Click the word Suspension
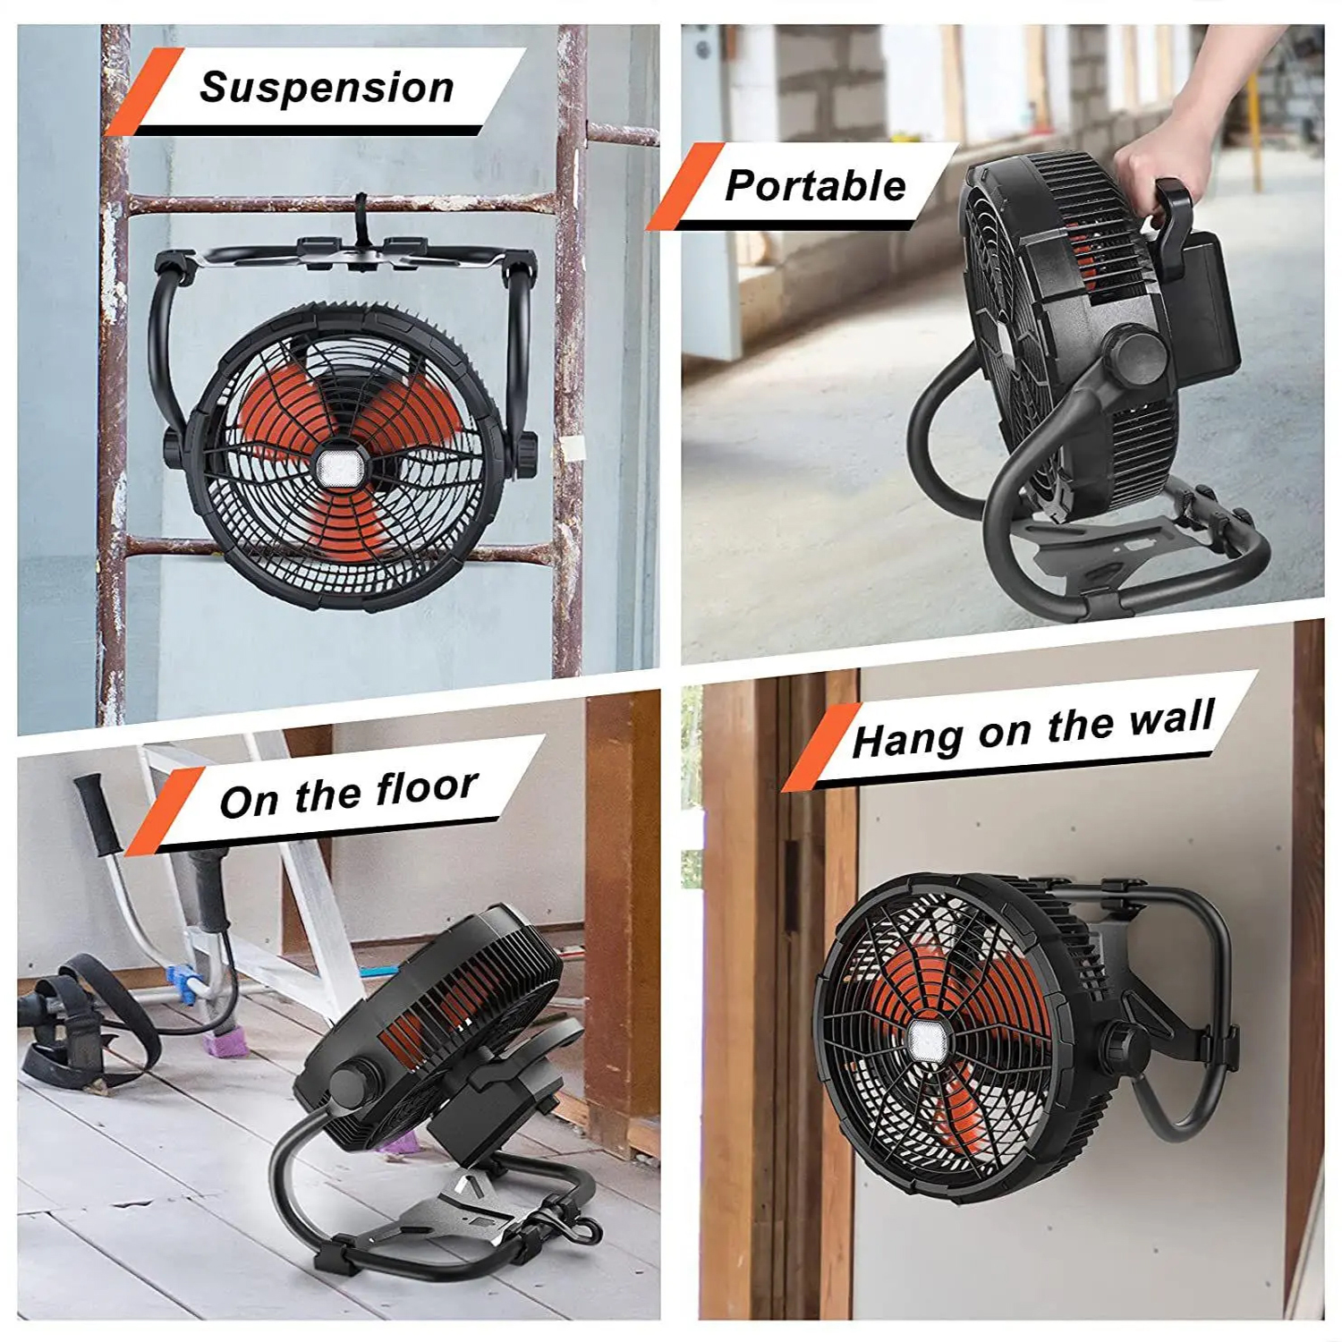point(327,89)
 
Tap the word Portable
point(815,186)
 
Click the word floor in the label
point(426,788)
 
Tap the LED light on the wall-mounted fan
point(928,1040)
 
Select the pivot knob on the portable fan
point(1134,356)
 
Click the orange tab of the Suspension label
point(143,92)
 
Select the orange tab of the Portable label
point(684,187)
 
